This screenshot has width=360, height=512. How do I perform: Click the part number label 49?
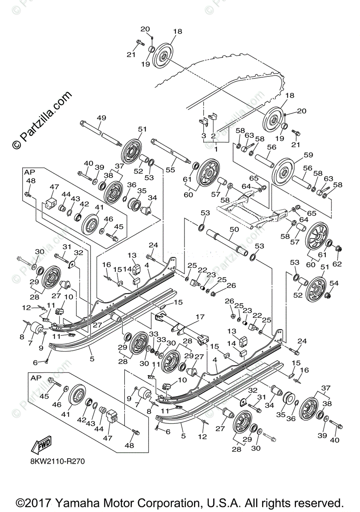click(101, 117)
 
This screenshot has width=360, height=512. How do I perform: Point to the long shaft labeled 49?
click(101, 132)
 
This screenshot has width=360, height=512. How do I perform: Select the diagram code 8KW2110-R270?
click(55, 461)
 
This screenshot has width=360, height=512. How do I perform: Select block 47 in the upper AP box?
click(52, 203)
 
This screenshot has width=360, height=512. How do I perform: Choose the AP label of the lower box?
click(35, 378)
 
